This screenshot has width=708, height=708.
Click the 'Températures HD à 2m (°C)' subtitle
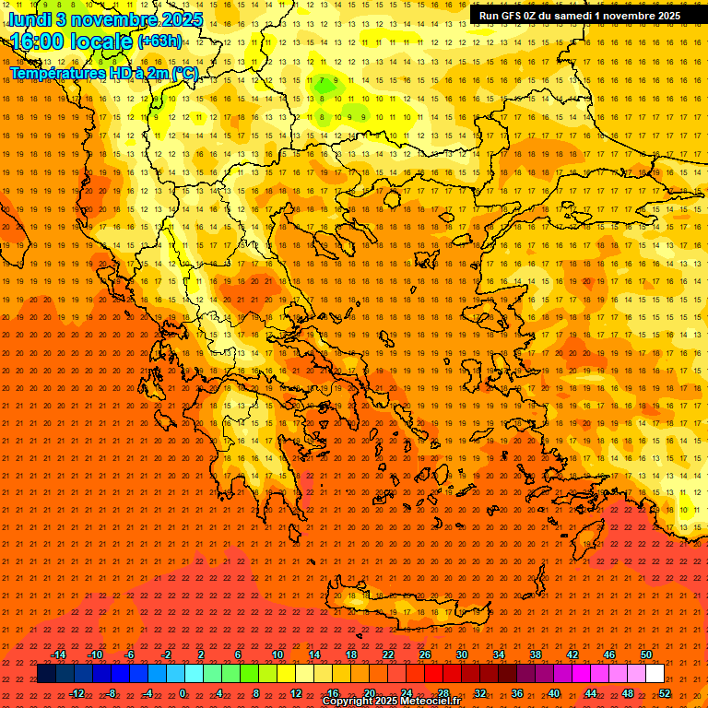pyautogui.click(x=103, y=73)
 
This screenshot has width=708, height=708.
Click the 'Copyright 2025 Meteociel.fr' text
pyautogui.click(x=391, y=702)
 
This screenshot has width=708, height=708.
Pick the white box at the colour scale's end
pyautogui.click(x=655, y=674)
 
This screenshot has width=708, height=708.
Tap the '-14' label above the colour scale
pyautogui.click(x=57, y=654)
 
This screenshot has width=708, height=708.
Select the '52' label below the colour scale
pyautogui.click(x=665, y=693)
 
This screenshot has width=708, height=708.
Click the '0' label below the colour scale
pyautogui.click(x=183, y=693)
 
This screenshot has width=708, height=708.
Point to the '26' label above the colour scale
pyautogui.click(x=424, y=654)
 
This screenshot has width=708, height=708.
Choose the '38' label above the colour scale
pyautogui.click(x=535, y=654)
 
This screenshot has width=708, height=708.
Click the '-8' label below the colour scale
pyautogui.click(x=111, y=693)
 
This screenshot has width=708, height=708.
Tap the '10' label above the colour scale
pyautogui.click(x=277, y=654)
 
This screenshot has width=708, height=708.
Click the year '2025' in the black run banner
pyautogui.click(x=665, y=15)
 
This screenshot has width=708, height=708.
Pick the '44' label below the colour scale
pyautogui.click(x=590, y=693)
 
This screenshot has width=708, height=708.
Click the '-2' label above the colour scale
pyautogui.click(x=166, y=654)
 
